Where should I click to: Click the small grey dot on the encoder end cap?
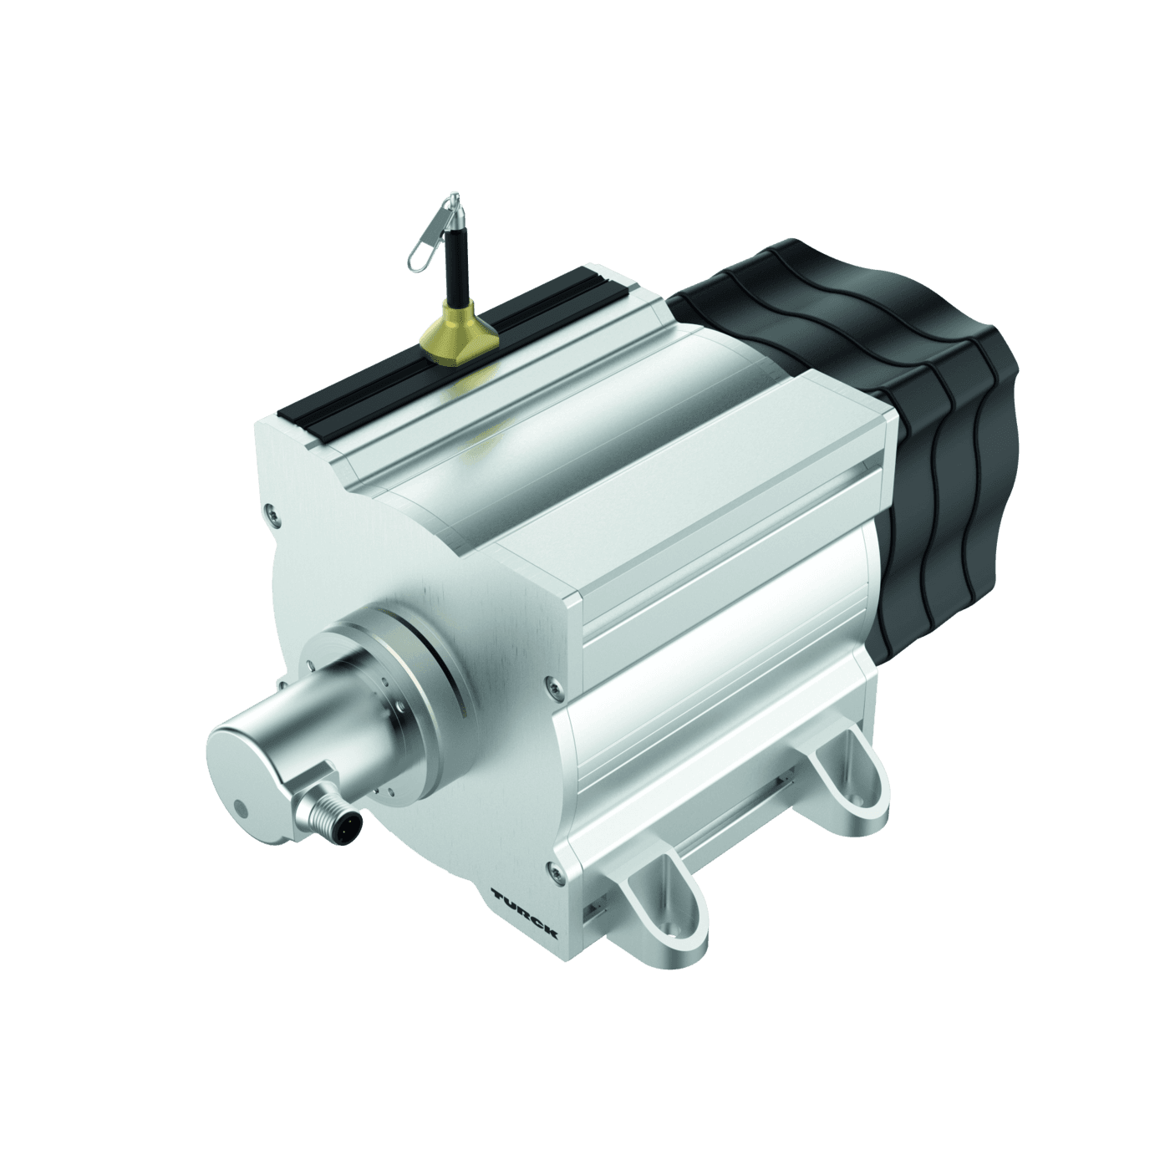(x=242, y=808)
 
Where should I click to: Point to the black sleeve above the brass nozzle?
(x=455, y=267)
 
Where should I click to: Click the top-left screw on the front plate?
(x=269, y=508)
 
